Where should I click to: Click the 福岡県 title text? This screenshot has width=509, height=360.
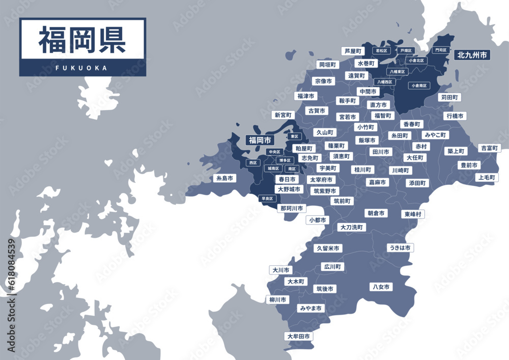(x=82, y=40)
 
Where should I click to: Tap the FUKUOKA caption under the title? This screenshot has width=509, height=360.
(x=82, y=68)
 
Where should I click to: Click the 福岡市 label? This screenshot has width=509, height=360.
(x=259, y=140)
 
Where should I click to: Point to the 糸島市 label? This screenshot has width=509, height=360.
(x=224, y=179)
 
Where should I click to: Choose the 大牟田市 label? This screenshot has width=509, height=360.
(x=298, y=337)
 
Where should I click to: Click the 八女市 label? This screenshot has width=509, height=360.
(x=381, y=287)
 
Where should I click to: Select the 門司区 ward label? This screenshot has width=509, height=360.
(x=440, y=50)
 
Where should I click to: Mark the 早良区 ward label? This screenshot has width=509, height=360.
(x=267, y=199)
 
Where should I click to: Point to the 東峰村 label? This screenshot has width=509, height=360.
(x=412, y=214)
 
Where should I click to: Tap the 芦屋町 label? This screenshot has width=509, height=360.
(x=353, y=51)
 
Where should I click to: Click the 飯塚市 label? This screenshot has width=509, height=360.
(x=367, y=140)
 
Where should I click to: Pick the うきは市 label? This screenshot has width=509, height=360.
(x=400, y=248)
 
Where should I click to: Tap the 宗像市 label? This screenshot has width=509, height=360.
(x=323, y=81)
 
